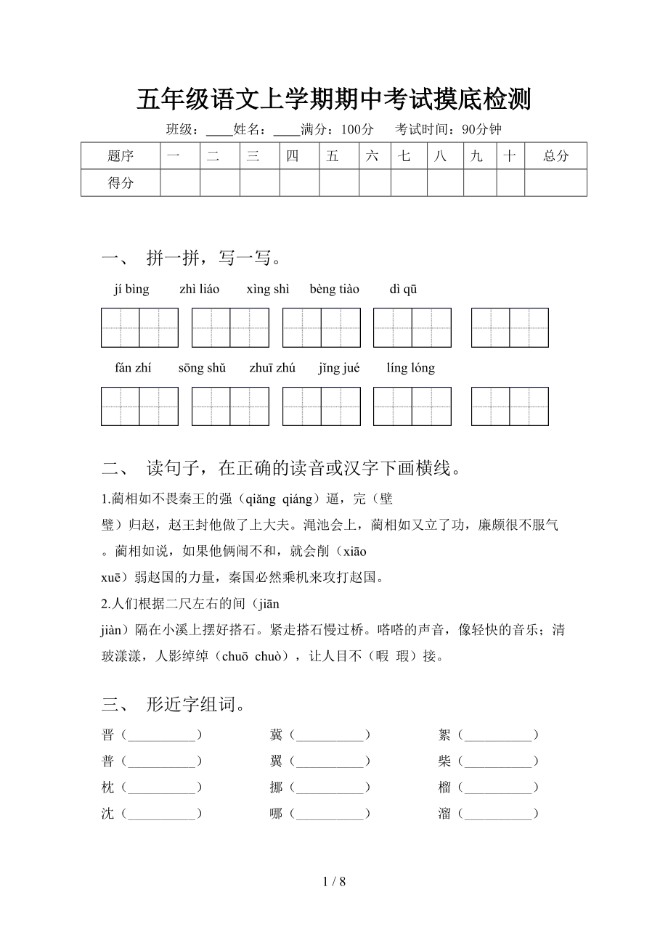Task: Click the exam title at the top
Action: pyautogui.click(x=333, y=100)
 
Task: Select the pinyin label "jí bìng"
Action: pyautogui.click(x=131, y=290)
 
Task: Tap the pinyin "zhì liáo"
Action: pyautogui.click(x=199, y=290)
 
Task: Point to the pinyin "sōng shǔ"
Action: pyautogui.click(x=202, y=368)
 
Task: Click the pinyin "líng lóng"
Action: pyautogui.click(x=410, y=368)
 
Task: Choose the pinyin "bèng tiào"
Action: pyautogui.click(x=334, y=290)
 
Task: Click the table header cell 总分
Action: pyautogui.click(x=555, y=156)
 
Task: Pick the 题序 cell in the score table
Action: pyautogui.click(x=121, y=156)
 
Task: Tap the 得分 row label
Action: pyautogui.click(x=121, y=183)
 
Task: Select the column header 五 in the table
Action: pyautogui.click(x=333, y=156)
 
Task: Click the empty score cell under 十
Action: pyautogui.click(x=510, y=183)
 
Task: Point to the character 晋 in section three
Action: pyautogui.click(x=108, y=735)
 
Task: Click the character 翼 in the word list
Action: pyautogui.click(x=276, y=761)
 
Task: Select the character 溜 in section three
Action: pyautogui.click(x=444, y=814)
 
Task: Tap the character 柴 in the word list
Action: pyautogui.click(x=444, y=761)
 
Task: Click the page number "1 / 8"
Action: pyautogui.click(x=333, y=883)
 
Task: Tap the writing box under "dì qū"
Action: pyautogui.click(x=510, y=328)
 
